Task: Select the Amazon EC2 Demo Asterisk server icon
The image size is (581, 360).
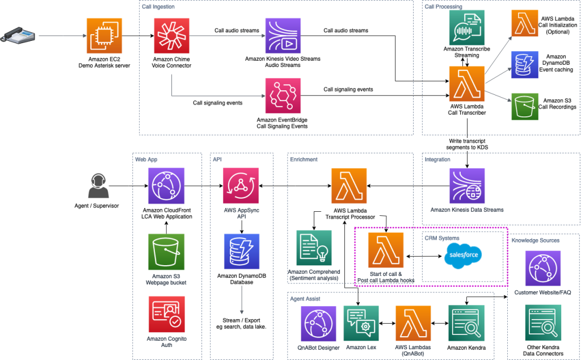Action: click(x=104, y=36)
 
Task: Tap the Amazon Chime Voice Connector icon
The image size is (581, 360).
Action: click(x=171, y=36)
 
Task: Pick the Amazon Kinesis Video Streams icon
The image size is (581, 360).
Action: click(x=282, y=36)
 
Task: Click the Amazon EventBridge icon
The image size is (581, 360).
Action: click(x=282, y=96)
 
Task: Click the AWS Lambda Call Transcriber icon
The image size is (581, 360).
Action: click(x=466, y=84)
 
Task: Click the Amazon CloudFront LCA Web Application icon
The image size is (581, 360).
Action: click(x=167, y=186)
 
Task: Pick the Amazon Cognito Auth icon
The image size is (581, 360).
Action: click(x=167, y=314)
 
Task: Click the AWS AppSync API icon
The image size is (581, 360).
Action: click(x=242, y=186)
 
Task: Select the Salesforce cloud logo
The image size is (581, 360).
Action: click(x=464, y=254)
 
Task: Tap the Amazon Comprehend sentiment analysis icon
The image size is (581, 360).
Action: click(x=313, y=248)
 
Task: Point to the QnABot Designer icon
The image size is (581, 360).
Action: click(x=319, y=323)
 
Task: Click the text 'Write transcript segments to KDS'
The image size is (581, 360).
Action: click(x=467, y=144)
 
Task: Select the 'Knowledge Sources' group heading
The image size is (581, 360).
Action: click(x=535, y=240)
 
